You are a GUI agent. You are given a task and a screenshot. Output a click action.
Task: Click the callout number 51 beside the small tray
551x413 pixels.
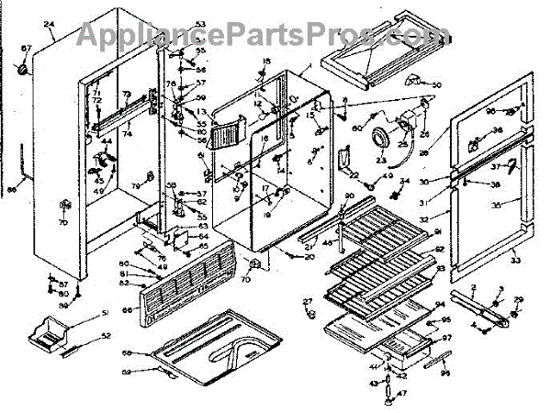tap(105, 314)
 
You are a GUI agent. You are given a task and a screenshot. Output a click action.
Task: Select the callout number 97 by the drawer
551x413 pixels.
tap(448, 338)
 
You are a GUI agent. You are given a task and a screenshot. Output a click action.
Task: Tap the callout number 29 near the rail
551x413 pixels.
tap(518, 300)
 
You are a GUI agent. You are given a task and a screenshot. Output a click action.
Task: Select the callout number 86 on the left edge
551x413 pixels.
tap(11, 191)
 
